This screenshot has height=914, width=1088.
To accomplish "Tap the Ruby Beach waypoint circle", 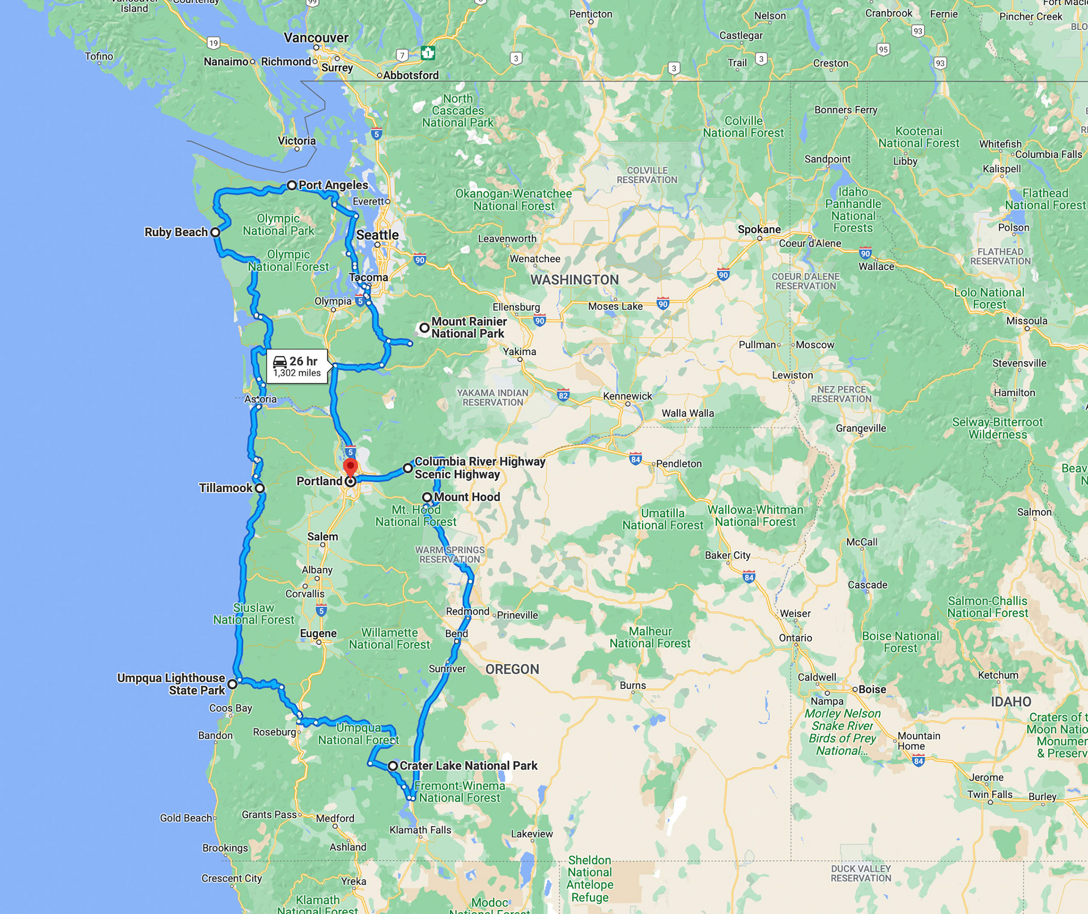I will [x=215, y=232].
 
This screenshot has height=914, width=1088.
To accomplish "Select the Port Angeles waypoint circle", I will [x=292, y=185].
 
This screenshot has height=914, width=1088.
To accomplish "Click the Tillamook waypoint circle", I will [x=260, y=488].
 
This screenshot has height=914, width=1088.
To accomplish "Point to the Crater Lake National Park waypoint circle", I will [x=392, y=766].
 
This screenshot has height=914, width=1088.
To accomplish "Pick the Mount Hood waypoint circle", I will [x=427, y=497].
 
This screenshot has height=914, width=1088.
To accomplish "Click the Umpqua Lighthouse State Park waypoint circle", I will [x=232, y=685].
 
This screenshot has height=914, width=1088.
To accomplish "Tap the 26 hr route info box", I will [x=297, y=367].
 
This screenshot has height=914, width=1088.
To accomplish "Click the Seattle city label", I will [x=377, y=235].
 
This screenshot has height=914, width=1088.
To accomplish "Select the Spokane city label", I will [x=759, y=229].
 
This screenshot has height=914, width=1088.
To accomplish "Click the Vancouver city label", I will [x=316, y=38].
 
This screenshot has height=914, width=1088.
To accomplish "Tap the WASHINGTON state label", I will [x=574, y=280].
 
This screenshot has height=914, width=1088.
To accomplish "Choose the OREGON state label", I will [x=512, y=669].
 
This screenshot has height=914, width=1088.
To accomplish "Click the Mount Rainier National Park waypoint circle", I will [x=424, y=328].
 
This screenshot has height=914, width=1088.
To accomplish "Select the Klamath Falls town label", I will [x=420, y=830].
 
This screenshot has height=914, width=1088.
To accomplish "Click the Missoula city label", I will [x=1027, y=321].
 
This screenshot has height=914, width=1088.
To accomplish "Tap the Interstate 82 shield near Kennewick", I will [x=563, y=396].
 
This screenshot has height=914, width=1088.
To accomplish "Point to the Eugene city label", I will [x=318, y=634].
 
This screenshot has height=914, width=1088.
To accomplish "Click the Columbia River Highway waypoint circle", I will [x=408, y=468].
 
